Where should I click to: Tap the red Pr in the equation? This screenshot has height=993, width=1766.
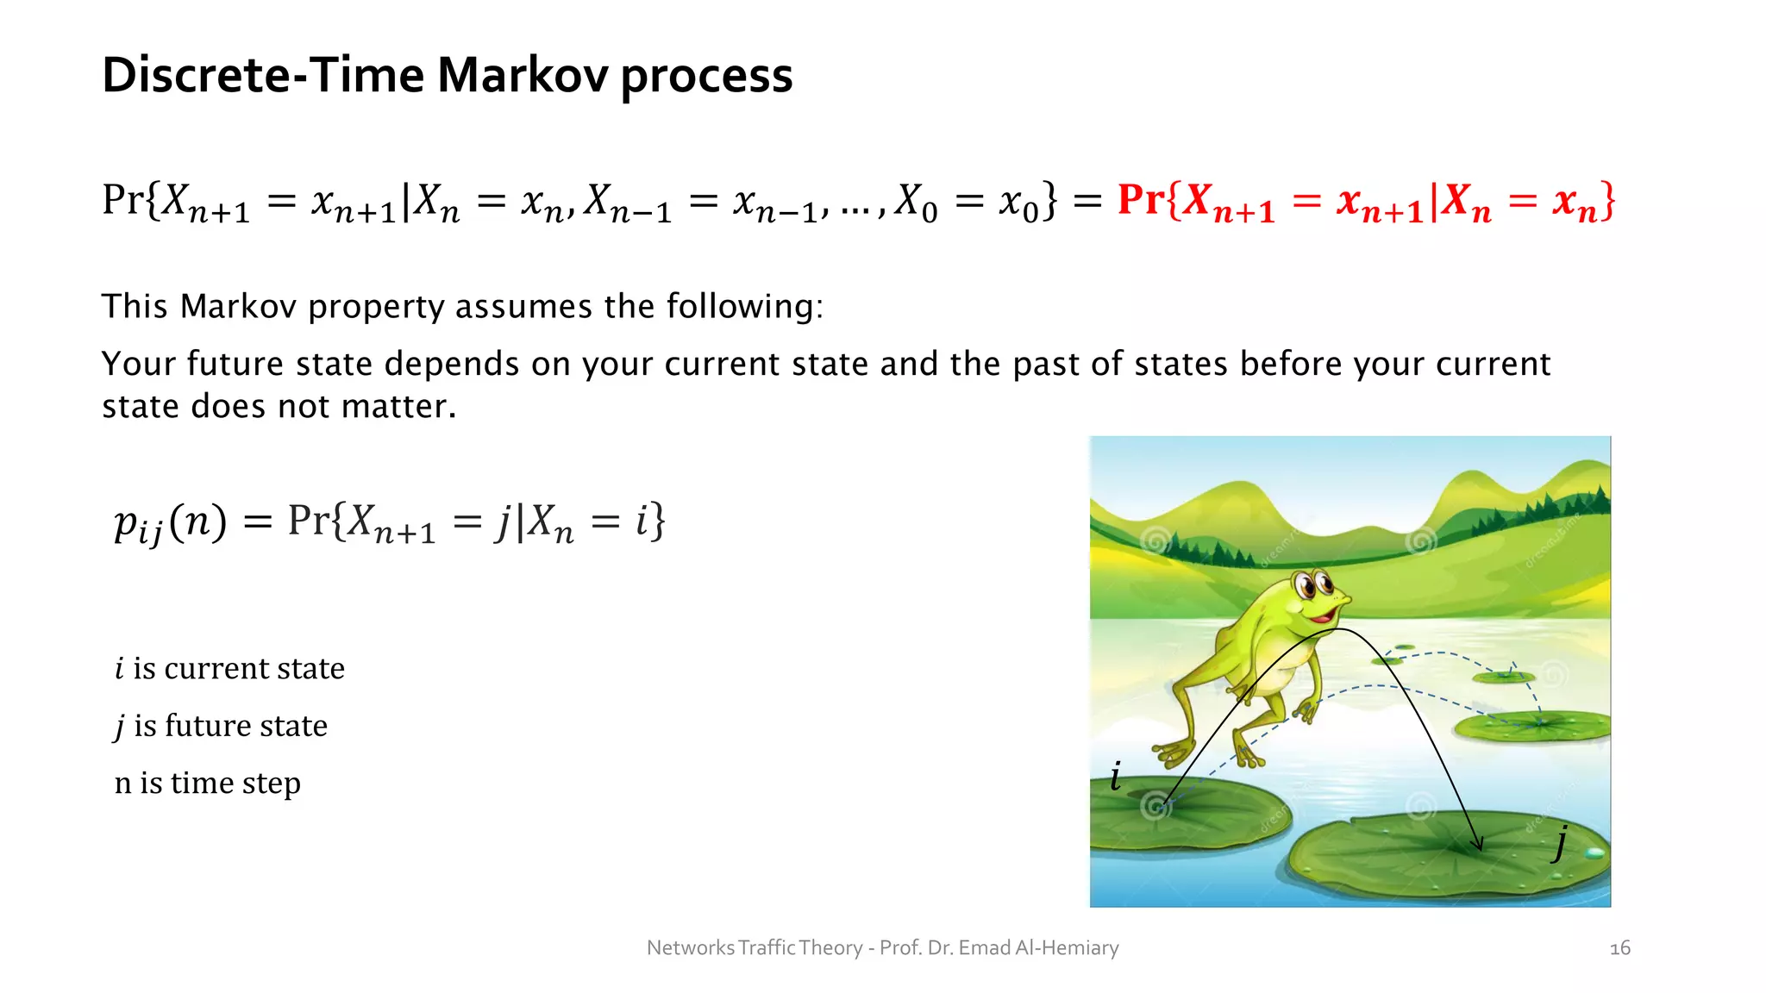[1141, 200]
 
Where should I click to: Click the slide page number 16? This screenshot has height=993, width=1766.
[1619, 948]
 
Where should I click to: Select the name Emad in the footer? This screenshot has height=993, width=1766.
[984, 948]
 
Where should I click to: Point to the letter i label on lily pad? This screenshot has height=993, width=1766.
[1115, 777]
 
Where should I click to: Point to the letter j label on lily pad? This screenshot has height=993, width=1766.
[1560, 840]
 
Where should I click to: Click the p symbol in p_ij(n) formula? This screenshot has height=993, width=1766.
[126, 522]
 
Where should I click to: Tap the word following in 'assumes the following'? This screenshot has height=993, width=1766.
[744, 307]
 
